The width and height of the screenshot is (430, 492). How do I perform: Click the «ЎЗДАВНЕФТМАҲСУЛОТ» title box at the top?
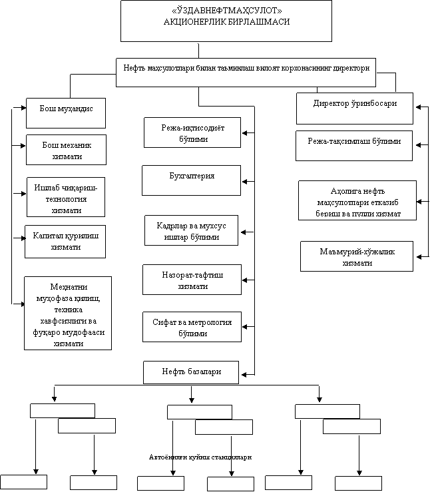tap(226, 21)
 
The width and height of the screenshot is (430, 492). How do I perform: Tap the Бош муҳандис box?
tap(65, 113)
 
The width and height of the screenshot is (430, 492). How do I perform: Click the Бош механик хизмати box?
tap(66, 150)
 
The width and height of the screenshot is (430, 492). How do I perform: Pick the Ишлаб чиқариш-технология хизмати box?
tap(66, 197)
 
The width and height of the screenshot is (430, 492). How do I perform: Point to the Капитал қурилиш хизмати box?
tap(65, 241)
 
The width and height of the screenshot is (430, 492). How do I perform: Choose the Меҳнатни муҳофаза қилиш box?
tap(68, 312)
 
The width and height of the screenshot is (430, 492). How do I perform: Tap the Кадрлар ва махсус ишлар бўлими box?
tap(192, 231)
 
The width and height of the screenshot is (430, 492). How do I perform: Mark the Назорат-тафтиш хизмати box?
tap(192, 280)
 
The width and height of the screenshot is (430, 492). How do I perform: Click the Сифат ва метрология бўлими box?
tap(192, 328)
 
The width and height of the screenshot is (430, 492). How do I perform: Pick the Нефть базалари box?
tap(191, 371)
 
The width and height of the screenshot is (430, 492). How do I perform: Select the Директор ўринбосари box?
tap(355, 108)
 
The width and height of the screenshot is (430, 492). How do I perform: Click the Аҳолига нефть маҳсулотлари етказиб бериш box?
tap(357, 200)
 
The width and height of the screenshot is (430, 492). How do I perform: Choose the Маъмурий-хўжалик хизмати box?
tap(357, 256)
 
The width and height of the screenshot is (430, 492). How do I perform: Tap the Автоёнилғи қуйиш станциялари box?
tap(200, 456)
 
